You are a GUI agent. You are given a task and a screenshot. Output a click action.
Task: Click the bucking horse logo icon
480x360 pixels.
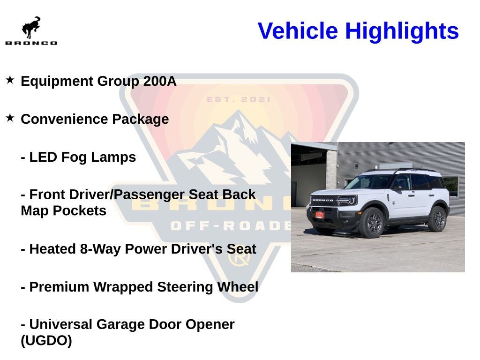(31, 28)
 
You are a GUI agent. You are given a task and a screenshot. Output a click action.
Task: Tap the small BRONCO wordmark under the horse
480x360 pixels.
(31, 43)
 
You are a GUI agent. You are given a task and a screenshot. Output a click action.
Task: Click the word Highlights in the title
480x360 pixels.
(402, 31)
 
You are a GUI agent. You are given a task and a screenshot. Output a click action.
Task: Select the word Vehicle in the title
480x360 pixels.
(298, 31)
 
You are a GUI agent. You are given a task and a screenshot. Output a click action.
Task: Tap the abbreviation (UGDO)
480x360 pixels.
(46, 341)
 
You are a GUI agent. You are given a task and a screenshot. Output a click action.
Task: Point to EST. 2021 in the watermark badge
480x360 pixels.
(239, 99)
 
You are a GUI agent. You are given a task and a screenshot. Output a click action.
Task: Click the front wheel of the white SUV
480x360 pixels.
(371, 223)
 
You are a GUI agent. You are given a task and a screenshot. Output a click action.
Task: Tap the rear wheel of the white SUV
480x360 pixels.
(437, 219)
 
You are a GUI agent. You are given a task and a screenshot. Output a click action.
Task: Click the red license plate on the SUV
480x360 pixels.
(319, 215)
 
